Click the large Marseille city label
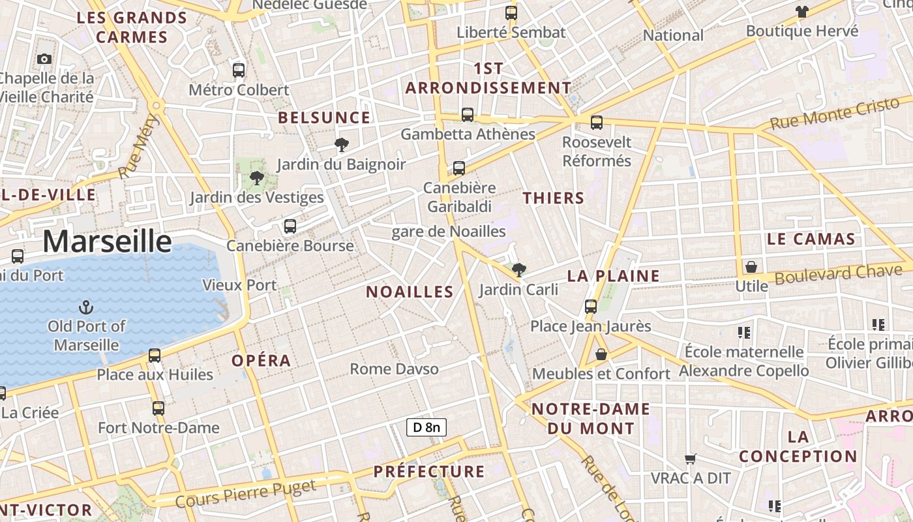tap(108, 241)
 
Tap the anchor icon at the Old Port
tap(85, 306)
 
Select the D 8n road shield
tap(427, 427)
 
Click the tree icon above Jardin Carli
tap(519, 269)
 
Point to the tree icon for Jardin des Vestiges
tap(257, 177)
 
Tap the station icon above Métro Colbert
tap(239, 70)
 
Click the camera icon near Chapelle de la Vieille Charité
tap(44, 59)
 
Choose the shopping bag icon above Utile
tap(751, 267)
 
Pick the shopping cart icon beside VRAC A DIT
tap(691, 459)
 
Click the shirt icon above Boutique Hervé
tap(801, 11)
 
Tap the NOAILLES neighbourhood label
tap(410, 292)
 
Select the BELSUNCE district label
tap(324, 117)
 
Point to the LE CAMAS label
tap(811, 239)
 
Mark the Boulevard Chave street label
tap(839, 273)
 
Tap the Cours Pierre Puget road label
tap(246, 494)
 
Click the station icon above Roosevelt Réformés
tap(597, 122)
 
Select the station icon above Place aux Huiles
tap(155, 355)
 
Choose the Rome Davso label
tap(394, 369)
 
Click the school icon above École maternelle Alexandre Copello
tap(744, 333)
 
